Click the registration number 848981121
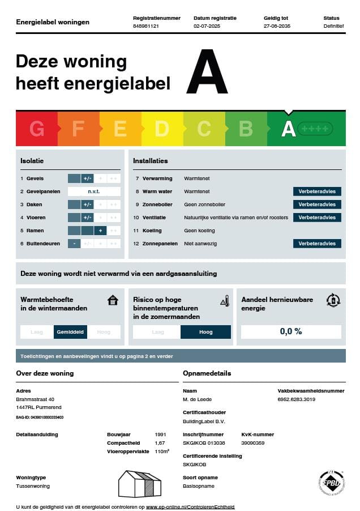(x=145, y=26)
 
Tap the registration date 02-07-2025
(x=207, y=26)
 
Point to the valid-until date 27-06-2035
(x=277, y=26)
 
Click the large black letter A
(x=207, y=73)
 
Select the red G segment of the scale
(x=37, y=129)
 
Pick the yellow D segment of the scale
(x=162, y=129)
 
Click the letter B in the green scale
(x=246, y=129)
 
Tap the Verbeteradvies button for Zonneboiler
(x=317, y=205)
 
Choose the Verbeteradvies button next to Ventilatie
(x=317, y=218)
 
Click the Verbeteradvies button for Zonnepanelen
(x=317, y=244)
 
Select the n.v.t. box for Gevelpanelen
(x=94, y=191)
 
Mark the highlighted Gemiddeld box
(x=70, y=332)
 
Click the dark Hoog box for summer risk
(x=205, y=332)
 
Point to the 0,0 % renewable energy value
(x=291, y=331)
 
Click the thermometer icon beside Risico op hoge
(x=225, y=300)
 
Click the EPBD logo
(x=331, y=483)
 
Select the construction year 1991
(x=161, y=435)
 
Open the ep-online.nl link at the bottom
(x=190, y=506)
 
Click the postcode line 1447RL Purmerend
(x=38, y=407)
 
